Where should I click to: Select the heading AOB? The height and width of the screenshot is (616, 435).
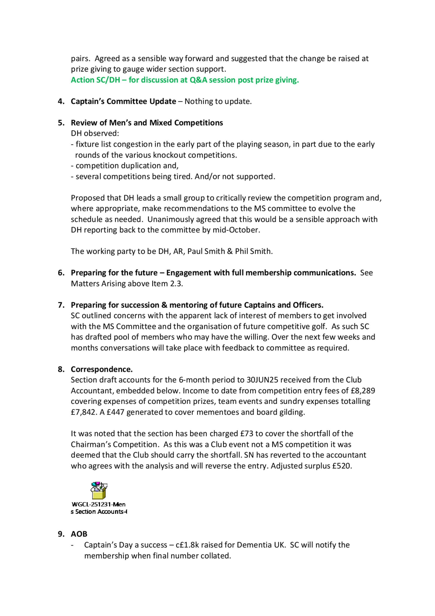79,534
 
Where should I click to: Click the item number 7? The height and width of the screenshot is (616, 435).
61,305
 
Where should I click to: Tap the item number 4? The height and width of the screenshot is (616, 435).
61,101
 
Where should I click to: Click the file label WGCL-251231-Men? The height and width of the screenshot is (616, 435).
99,504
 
